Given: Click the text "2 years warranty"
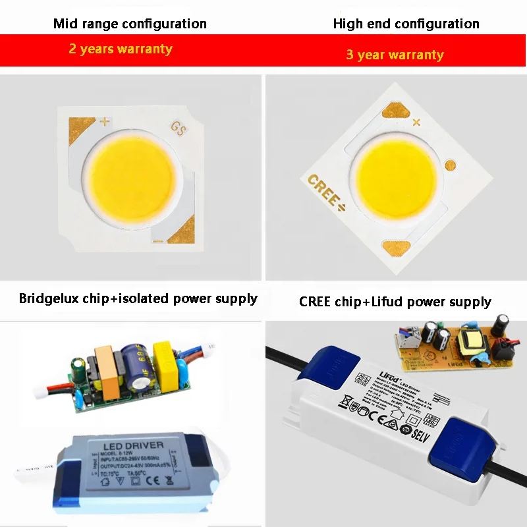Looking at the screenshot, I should point(121,49).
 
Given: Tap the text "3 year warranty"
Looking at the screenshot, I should point(395,55).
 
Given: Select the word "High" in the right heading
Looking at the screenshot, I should point(348,24).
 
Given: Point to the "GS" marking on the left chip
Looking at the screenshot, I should point(179,128).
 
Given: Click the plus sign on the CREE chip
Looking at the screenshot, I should point(416,122).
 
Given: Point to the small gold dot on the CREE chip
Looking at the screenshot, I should point(451,165).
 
